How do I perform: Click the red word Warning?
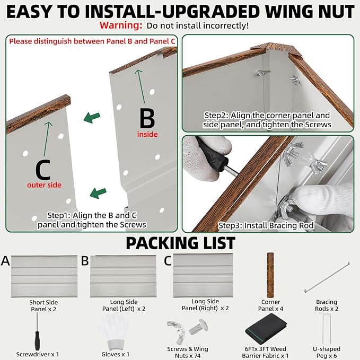[x=121, y=25]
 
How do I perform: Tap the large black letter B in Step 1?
[x=147, y=118]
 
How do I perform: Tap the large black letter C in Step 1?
[x=43, y=170]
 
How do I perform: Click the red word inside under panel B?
[x=147, y=134]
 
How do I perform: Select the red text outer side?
[x=44, y=185]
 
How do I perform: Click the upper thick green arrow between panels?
[x=92, y=118]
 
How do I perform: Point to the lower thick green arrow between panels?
[x=98, y=193]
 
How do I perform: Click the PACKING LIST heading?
[x=180, y=243]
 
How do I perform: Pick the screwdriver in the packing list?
[x=37, y=332]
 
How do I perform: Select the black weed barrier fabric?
[x=266, y=329]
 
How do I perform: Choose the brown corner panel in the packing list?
[x=270, y=275]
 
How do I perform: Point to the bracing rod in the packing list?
[x=327, y=277]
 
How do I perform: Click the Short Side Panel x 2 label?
[x=43, y=305]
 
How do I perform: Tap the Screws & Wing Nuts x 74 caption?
[x=188, y=352]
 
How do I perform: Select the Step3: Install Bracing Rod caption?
[x=266, y=225]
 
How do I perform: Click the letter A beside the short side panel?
[x=5, y=261]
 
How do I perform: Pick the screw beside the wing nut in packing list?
[x=198, y=327]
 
